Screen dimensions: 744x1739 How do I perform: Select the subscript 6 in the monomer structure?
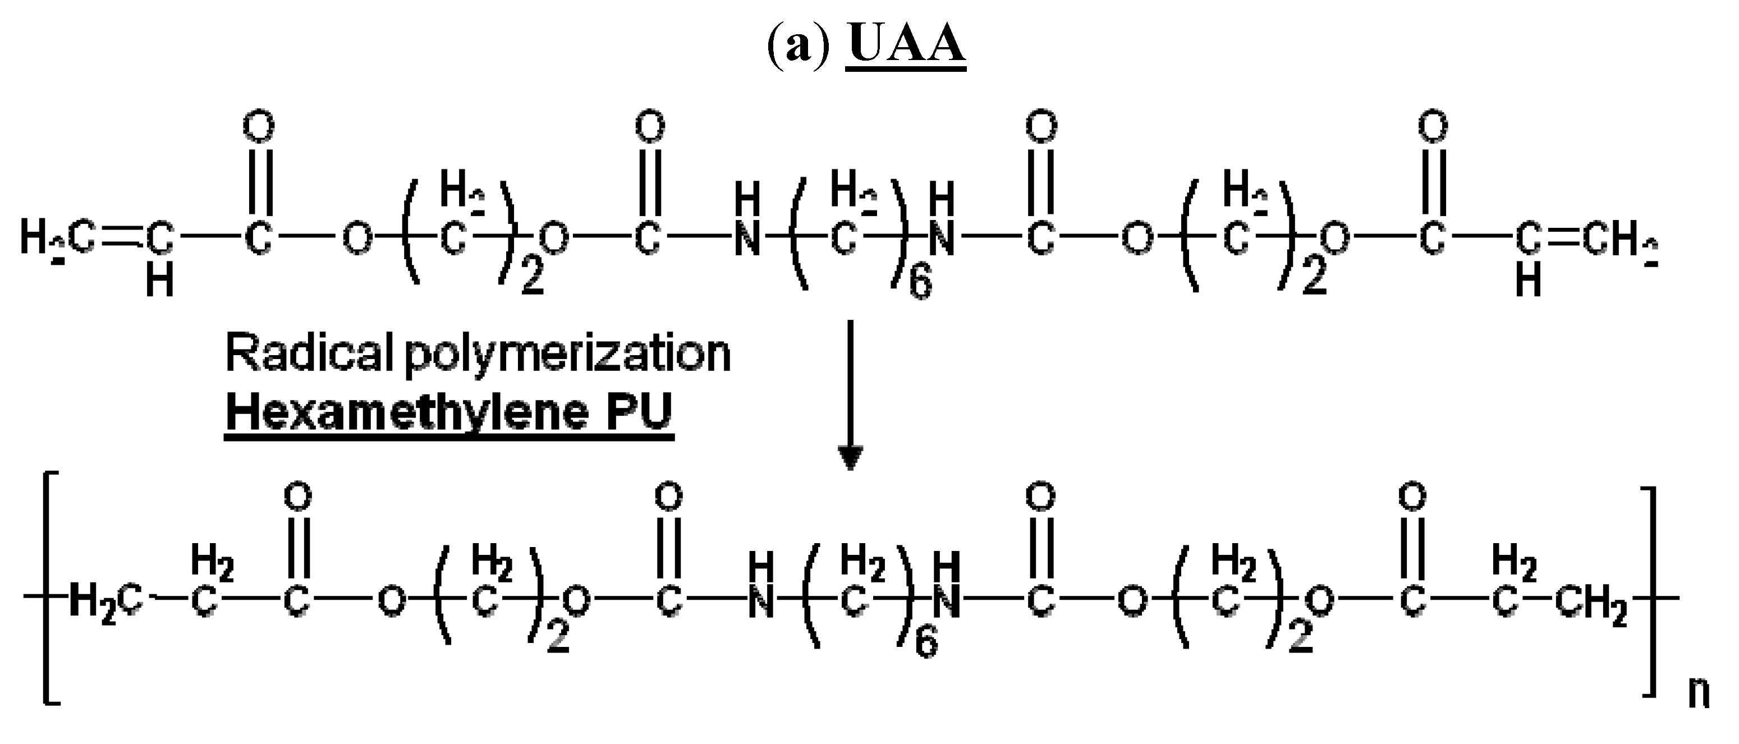click(x=920, y=283)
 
